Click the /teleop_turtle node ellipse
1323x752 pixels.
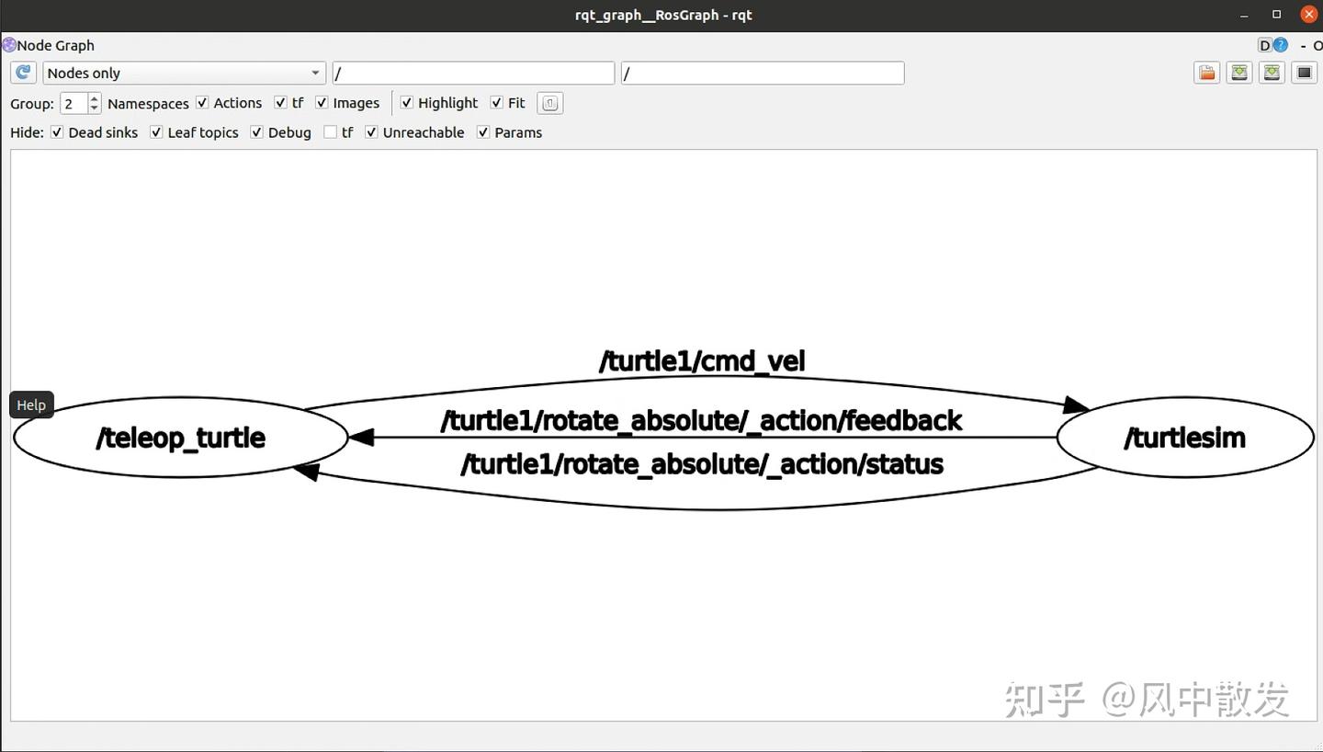181,438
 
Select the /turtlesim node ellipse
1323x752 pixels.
1185,438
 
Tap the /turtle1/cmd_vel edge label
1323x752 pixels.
702,361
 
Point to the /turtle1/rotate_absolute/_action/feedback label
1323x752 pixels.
701,421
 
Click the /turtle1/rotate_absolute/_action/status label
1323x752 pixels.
702,464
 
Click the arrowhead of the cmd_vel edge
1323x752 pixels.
1076,405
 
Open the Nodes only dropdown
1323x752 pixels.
184,73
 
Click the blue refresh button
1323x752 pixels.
23,73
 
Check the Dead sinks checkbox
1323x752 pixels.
57,132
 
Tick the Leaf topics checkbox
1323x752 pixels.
156,132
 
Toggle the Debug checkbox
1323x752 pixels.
256,132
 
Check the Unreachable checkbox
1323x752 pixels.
371,132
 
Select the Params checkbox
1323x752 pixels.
483,132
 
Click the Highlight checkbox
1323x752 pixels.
406,103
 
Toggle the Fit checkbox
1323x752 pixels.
497,103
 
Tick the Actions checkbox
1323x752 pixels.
202,103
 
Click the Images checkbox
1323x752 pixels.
322,103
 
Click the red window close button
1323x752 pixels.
1309,14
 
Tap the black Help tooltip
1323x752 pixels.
31,405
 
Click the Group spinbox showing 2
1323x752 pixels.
80,104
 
